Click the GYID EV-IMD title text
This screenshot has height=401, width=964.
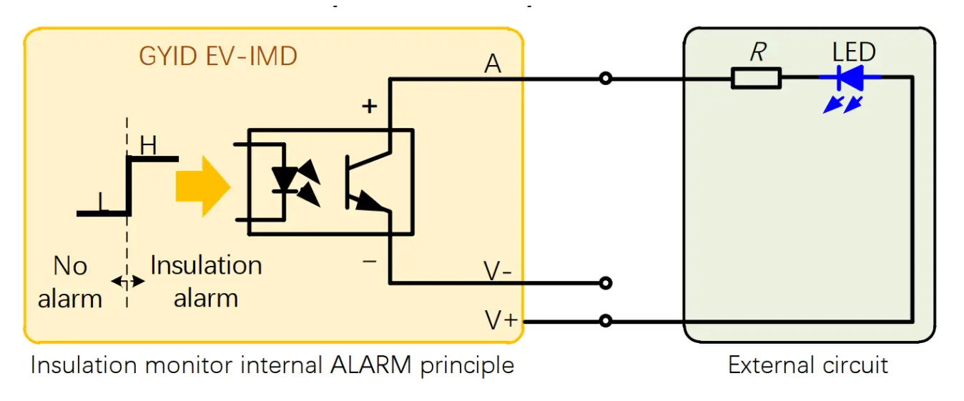click(218, 56)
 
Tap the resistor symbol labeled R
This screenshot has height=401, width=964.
click(756, 78)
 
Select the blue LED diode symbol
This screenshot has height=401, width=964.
click(851, 77)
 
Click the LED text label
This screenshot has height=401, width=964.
click(854, 52)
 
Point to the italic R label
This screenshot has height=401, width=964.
click(759, 53)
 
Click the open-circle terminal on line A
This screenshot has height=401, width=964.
click(606, 79)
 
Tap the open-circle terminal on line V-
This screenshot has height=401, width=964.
click(606, 283)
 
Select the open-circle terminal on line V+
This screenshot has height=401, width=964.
click(606, 322)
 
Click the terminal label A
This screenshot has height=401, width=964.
click(493, 64)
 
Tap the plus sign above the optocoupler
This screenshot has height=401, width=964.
click(369, 107)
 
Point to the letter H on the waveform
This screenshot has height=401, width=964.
click(148, 146)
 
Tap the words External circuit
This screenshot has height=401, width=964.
click(808, 365)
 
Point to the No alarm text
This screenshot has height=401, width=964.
click(70, 282)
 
